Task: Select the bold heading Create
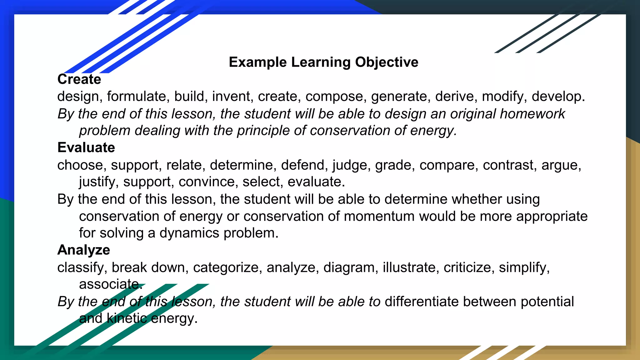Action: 79,79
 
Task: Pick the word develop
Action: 558,97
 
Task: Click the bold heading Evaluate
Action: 86,147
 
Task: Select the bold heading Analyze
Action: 84,250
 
